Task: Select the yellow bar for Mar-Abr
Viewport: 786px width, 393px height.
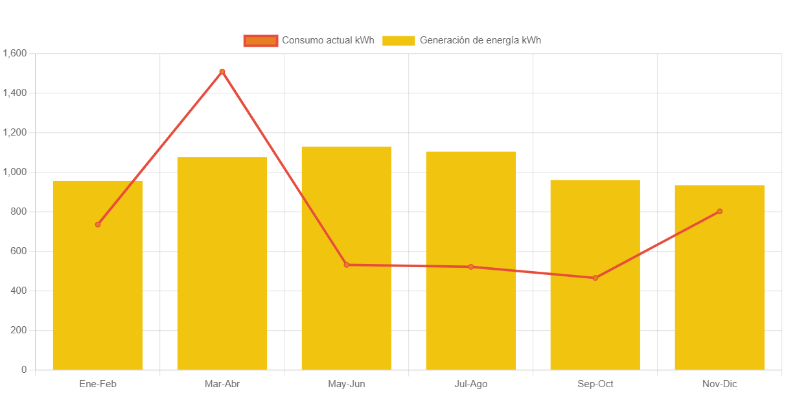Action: tap(222, 272)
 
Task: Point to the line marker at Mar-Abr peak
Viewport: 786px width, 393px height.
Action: tap(222, 71)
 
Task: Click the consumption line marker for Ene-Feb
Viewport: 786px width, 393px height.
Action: tap(98, 224)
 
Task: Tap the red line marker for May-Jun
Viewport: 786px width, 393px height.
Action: tap(347, 265)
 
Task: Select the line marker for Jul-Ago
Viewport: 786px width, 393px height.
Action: tap(471, 267)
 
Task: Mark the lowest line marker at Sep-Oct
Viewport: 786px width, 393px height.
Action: tap(595, 278)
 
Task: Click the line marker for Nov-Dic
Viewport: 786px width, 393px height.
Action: tap(719, 211)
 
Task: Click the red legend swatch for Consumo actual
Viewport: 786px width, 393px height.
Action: tap(260, 40)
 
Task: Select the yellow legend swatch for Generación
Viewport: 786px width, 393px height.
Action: tap(398, 40)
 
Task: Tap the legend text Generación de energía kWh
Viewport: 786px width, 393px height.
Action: tap(480, 40)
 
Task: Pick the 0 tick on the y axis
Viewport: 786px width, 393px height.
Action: tap(24, 370)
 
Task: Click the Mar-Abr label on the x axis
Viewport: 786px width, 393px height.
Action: tap(222, 384)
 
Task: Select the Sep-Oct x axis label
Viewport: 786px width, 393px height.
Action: tap(595, 384)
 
